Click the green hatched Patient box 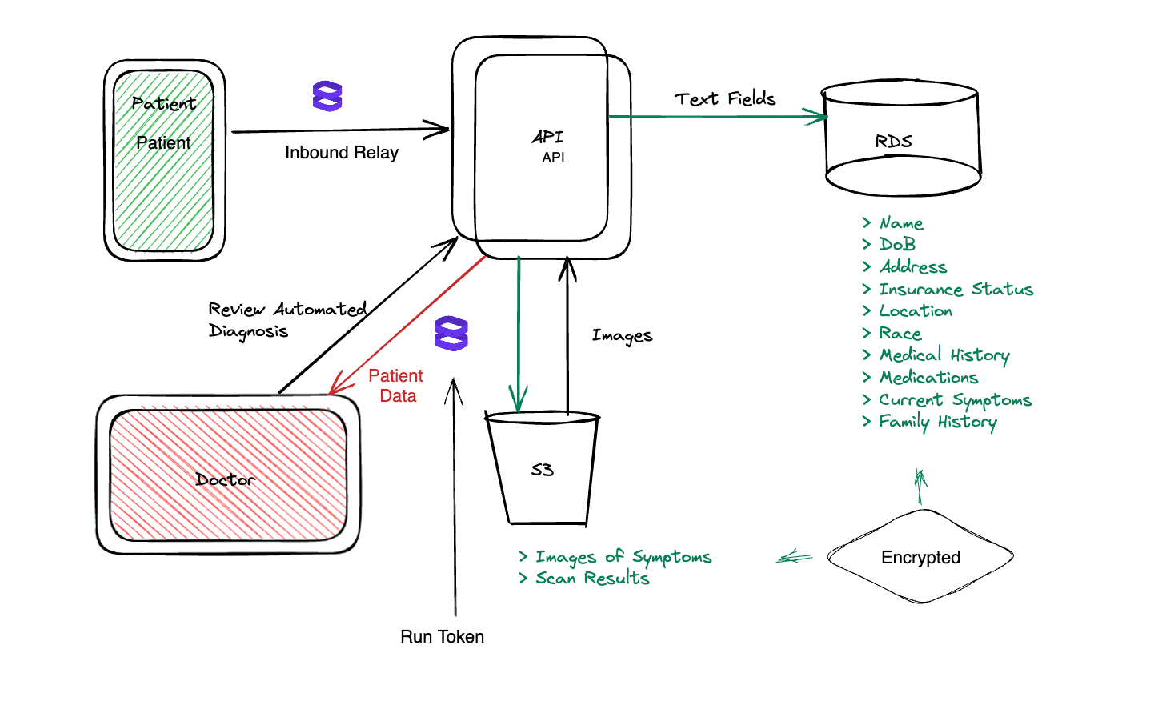pyautogui.click(x=164, y=160)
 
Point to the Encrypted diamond pyautogui.click(x=920, y=557)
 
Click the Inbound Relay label pyautogui.click(x=342, y=153)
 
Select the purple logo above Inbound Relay pyautogui.click(x=327, y=96)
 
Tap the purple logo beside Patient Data pyautogui.click(x=451, y=334)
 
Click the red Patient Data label pyautogui.click(x=396, y=386)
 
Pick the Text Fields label pyautogui.click(x=725, y=99)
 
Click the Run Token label pyautogui.click(x=442, y=637)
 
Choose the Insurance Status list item pyautogui.click(x=955, y=290)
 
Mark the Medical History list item pyautogui.click(x=944, y=355)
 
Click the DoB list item pyautogui.click(x=897, y=245)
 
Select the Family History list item pyautogui.click(x=937, y=422)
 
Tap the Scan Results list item pyautogui.click(x=591, y=579)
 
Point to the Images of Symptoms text pyautogui.click(x=623, y=557)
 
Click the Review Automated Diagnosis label pyautogui.click(x=286, y=320)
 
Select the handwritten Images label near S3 pyautogui.click(x=622, y=336)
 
